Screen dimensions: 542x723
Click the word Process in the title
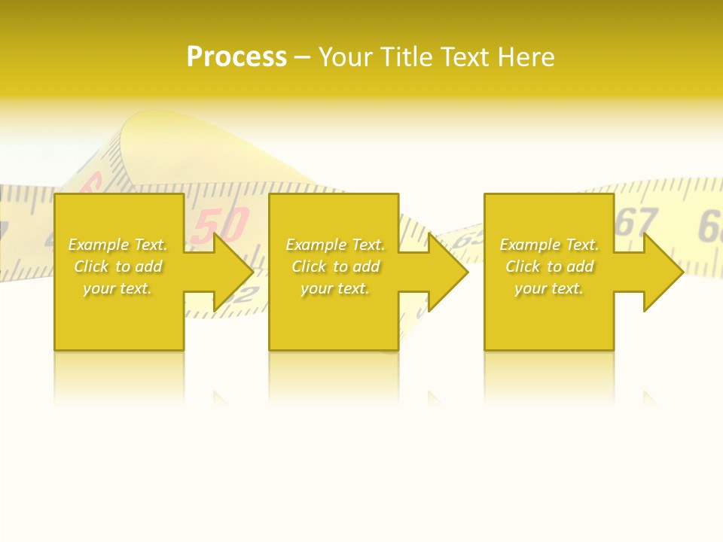[236, 57]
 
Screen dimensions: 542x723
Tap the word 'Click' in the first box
[91, 266]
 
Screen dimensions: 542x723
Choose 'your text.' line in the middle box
[335, 288]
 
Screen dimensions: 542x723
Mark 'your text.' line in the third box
[549, 288]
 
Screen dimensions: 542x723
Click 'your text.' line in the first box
[117, 288]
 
